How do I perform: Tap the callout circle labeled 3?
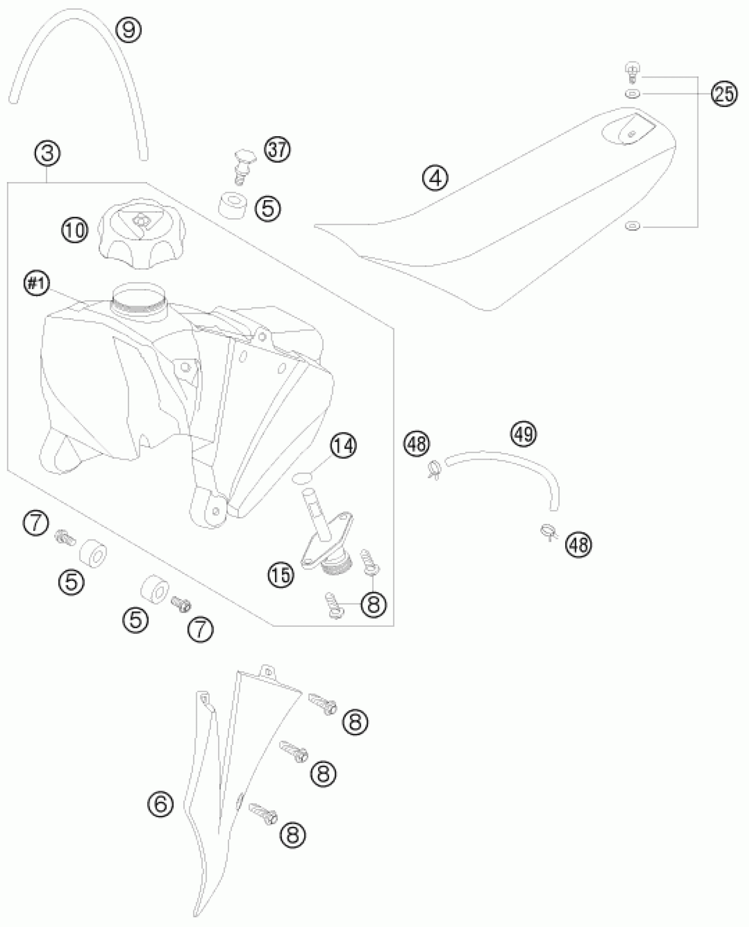click(x=48, y=153)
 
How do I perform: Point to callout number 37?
click(x=278, y=150)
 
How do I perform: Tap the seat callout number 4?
click(x=435, y=178)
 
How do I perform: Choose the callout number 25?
click(x=725, y=94)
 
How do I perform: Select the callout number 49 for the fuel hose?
click(x=524, y=434)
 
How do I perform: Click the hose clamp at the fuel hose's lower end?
click(x=549, y=531)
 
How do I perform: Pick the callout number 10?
click(x=75, y=230)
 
